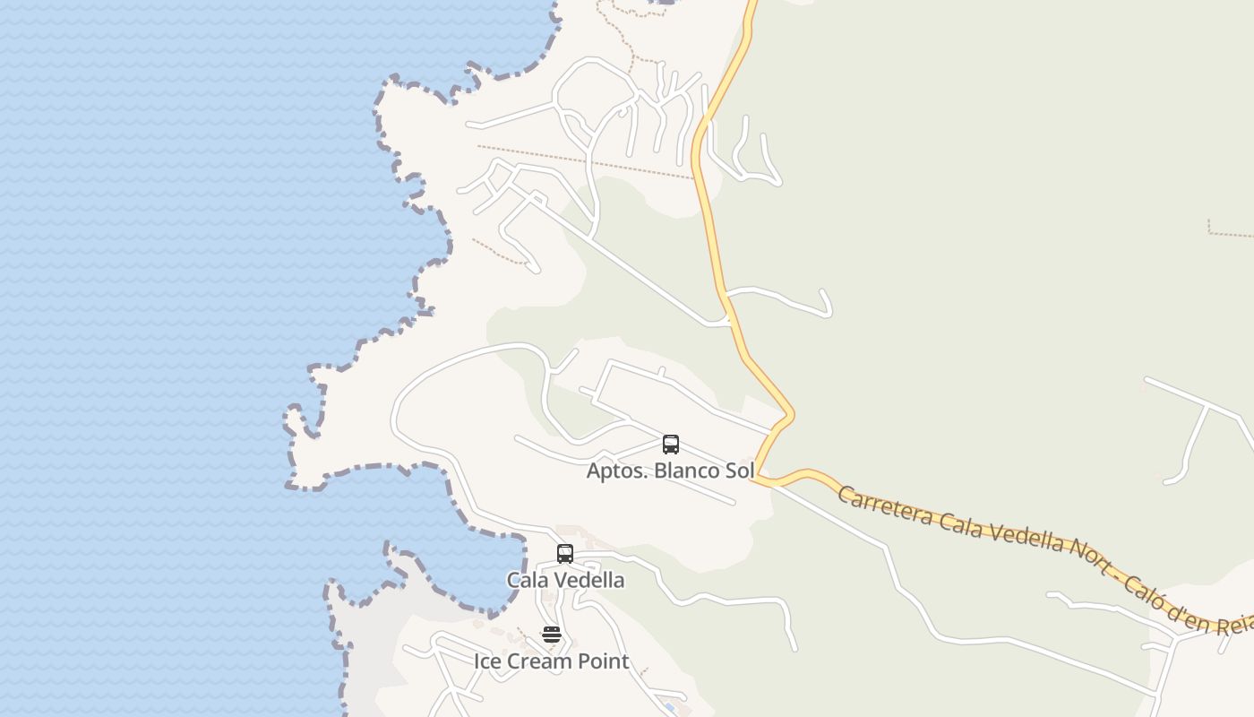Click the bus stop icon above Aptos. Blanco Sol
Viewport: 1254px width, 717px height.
pyautogui.click(x=671, y=444)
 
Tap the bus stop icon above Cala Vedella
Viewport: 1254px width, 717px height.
pyautogui.click(x=565, y=553)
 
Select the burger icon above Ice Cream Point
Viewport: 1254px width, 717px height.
pyautogui.click(x=552, y=635)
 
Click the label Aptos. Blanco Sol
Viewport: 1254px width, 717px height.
pyautogui.click(x=670, y=471)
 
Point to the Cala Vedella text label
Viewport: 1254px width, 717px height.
pyautogui.click(x=565, y=580)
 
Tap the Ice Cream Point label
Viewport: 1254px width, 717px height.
pyautogui.click(x=552, y=661)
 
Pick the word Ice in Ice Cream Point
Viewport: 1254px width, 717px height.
pyautogui.click(x=487, y=661)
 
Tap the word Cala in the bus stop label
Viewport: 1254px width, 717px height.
pyautogui.click(x=525, y=580)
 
